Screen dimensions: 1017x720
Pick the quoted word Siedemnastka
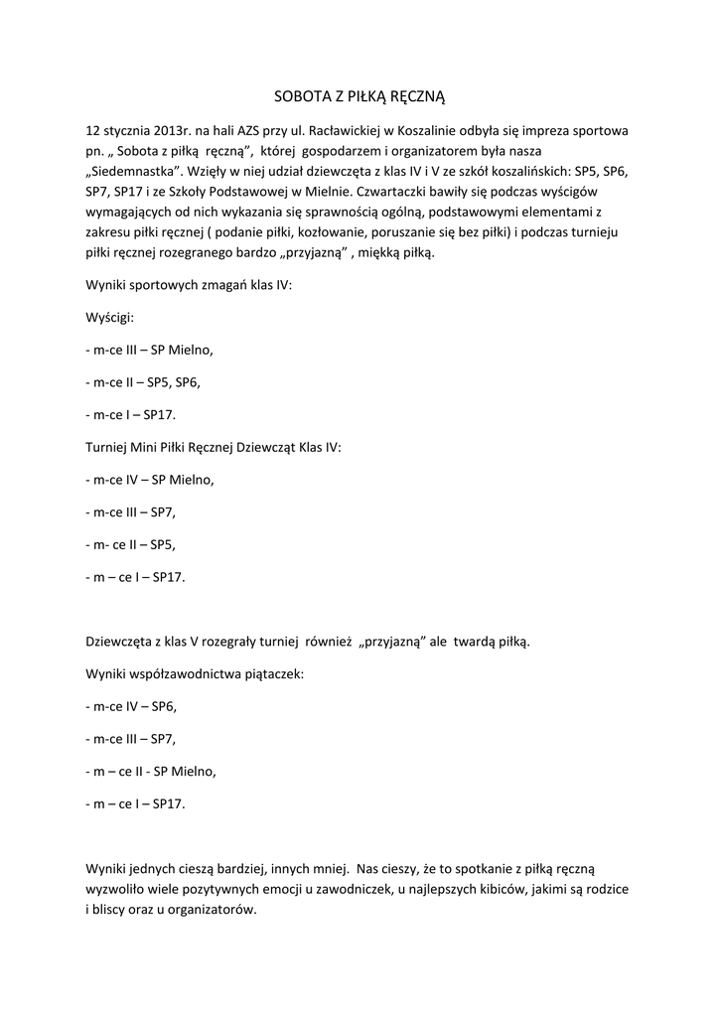click(133, 171)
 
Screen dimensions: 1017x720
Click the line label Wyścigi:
click(110, 318)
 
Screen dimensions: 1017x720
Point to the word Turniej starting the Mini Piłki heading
click(110, 447)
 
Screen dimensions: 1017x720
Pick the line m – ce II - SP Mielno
click(151, 771)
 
